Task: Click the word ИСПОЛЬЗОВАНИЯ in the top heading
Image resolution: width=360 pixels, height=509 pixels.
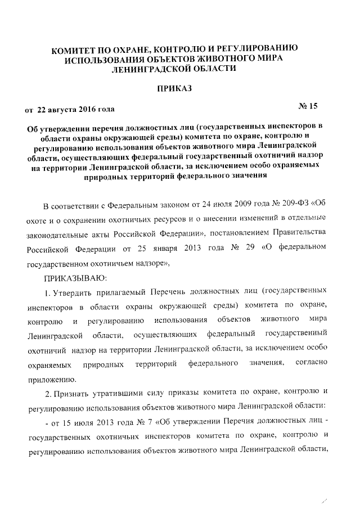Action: tap(106, 59)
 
